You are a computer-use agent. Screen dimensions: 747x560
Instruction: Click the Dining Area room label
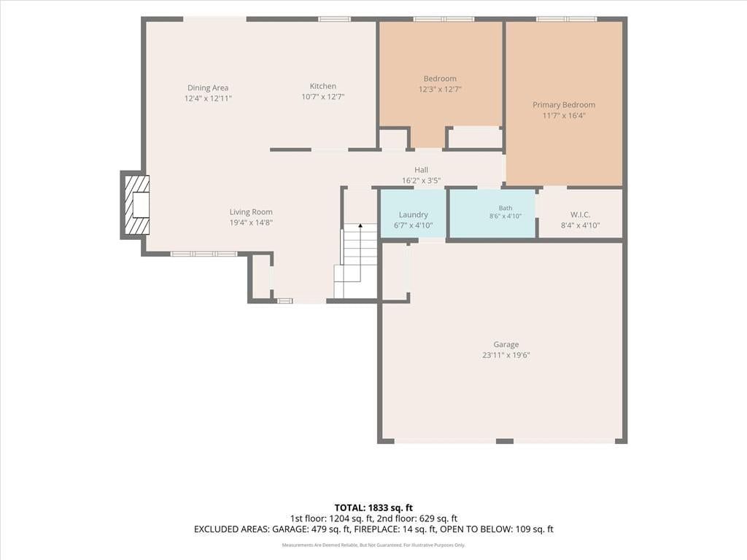point(208,87)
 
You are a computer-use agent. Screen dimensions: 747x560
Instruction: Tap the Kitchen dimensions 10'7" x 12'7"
point(323,97)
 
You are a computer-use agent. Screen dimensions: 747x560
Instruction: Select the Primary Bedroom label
point(564,105)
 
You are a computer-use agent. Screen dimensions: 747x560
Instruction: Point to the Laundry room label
point(414,215)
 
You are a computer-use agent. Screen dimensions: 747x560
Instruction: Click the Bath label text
point(506,208)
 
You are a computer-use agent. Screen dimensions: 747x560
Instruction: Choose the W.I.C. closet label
point(580,215)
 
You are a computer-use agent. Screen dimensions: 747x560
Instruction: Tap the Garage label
point(506,344)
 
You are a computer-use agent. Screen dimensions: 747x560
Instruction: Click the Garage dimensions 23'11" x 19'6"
point(506,355)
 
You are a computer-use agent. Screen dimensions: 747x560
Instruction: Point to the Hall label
point(421,169)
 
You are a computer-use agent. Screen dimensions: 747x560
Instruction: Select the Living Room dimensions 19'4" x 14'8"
point(251,222)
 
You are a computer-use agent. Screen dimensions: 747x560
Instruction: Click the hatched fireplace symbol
point(136,204)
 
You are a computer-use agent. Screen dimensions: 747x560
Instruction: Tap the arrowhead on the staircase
point(360,225)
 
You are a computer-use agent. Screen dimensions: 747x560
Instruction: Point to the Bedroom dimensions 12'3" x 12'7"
point(440,89)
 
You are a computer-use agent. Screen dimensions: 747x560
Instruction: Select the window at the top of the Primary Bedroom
point(566,19)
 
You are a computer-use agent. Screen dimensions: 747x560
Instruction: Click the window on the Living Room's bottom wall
point(204,254)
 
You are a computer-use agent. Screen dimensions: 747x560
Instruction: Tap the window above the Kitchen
point(334,19)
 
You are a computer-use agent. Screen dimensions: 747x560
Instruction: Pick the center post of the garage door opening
point(505,441)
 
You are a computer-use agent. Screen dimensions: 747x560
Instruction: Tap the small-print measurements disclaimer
point(373,545)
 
